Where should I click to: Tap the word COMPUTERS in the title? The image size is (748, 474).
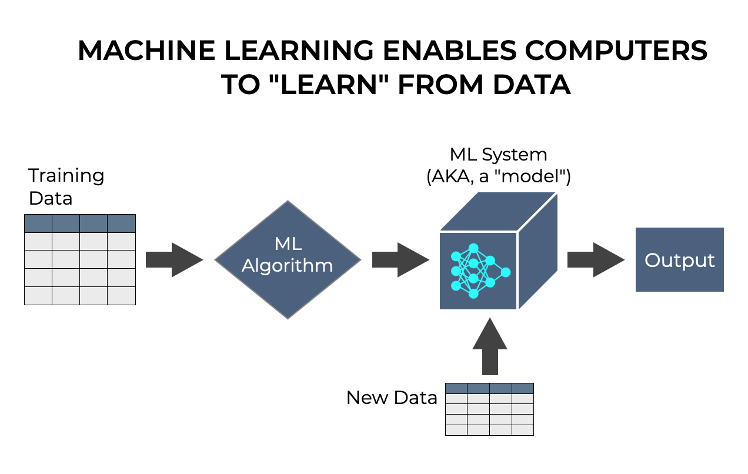[616, 51]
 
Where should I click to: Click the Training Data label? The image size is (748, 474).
[66, 186]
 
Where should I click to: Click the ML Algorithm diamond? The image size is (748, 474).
[288, 259]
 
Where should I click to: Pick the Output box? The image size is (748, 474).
[679, 260]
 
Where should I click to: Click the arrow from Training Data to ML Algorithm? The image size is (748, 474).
[173, 259]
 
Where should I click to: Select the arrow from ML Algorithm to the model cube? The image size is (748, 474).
[400, 259]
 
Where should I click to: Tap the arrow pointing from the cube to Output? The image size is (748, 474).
[595, 259]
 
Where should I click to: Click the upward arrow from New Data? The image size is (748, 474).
[489, 347]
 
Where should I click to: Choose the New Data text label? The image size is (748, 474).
[392, 398]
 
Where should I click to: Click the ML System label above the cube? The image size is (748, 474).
[498, 155]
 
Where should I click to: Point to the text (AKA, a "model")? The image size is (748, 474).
[498, 177]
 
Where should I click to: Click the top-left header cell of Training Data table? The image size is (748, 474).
[38, 223]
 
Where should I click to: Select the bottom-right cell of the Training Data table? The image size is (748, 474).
[122, 295]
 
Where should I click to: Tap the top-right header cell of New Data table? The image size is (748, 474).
[522, 388]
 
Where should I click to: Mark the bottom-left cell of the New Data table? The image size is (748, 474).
[456, 430]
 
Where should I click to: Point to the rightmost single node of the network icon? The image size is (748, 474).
[505, 272]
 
